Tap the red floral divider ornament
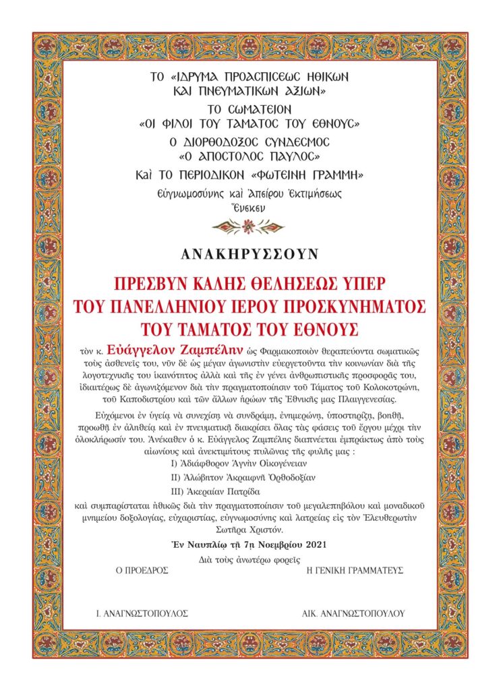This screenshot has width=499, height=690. (x=249, y=226)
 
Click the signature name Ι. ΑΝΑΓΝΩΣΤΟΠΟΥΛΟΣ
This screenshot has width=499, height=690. (x=142, y=614)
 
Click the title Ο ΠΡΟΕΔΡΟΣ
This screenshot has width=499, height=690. (x=142, y=569)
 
